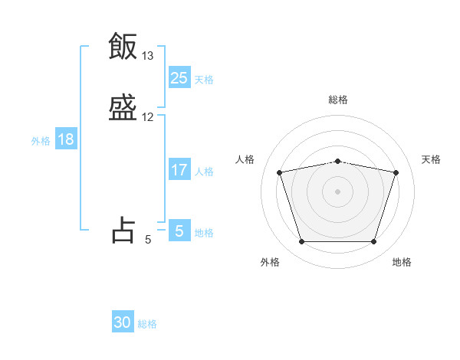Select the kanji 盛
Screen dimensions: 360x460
(x=123, y=108)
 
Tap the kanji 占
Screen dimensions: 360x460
(x=123, y=229)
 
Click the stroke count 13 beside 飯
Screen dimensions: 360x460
(x=148, y=56)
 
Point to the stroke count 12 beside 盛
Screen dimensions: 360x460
(x=148, y=117)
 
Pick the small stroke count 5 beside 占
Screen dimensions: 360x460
(x=148, y=240)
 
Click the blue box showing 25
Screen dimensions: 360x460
(x=179, y=77)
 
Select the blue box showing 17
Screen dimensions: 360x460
(x=179, y=170)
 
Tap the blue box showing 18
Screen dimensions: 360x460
(x=66, y=139)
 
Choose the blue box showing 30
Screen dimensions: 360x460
(x=123, y=322)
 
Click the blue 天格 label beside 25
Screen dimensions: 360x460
(x=204, y=79)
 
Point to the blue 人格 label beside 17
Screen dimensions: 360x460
(x=204, y=172)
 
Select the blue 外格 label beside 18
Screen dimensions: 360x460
(x=41, y=141)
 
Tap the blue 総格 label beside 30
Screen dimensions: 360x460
(x=147, y=324)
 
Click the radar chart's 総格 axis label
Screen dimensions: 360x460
(x=338, y=100)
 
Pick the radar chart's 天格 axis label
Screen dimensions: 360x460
(x=431, y=159)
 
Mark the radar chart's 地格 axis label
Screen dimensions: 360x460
(x=402, y=262)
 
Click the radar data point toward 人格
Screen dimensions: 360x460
(x=279, y=172)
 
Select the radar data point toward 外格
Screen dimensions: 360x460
(x=301, y=242)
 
